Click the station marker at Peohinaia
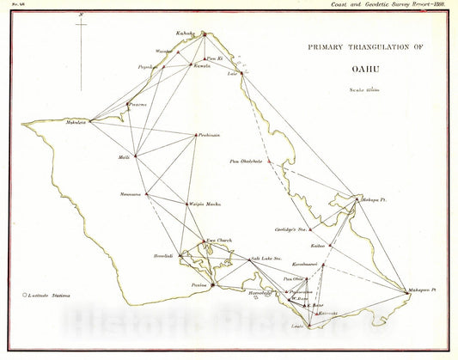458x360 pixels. click(197, 134)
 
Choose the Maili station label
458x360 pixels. click(125, 157)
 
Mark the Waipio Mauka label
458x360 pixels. click(202, 204)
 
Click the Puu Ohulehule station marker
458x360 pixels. click(270, 160)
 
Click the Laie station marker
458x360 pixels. click(243, 73)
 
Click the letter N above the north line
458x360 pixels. click(81, 15)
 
